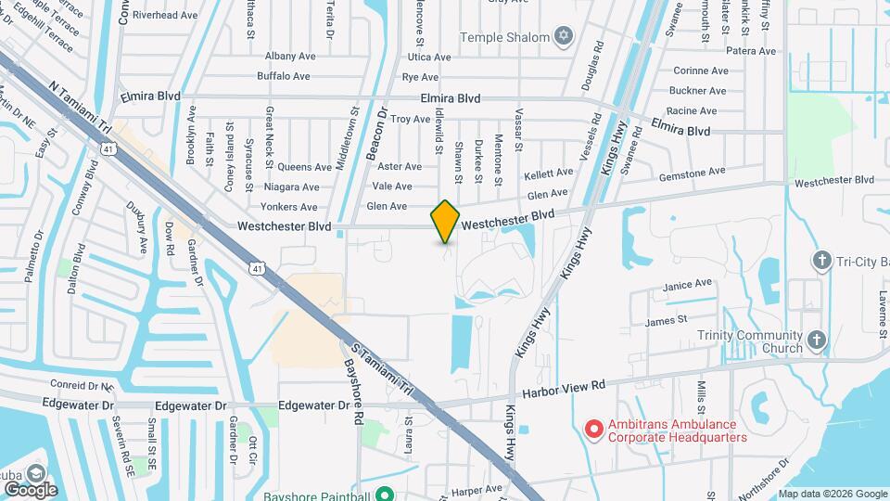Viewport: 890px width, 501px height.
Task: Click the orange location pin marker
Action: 445,221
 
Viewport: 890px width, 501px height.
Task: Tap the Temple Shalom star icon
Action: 562,37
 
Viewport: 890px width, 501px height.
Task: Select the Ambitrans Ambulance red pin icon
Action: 594,429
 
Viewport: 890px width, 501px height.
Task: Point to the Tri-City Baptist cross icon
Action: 820,262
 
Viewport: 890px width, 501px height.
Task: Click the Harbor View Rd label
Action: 564,385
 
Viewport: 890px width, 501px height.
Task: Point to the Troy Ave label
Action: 410,120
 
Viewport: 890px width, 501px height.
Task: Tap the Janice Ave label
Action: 689,283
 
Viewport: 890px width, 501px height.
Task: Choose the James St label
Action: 666,320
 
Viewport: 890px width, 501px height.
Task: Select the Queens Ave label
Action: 305,168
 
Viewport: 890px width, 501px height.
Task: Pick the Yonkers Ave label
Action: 289,206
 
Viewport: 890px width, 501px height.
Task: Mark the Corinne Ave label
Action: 703,71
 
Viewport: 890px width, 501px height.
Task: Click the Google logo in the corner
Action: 31,489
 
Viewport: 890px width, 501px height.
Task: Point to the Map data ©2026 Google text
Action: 832,494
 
